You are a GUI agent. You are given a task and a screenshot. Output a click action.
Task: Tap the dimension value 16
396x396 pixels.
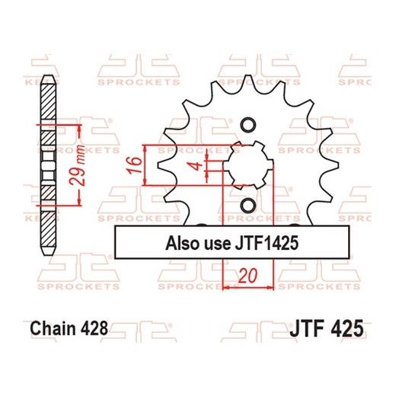(x=133, y=164)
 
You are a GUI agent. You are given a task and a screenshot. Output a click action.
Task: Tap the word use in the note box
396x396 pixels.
(x=218, y=245)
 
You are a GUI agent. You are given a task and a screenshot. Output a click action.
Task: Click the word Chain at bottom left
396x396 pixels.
(x=53, y=331)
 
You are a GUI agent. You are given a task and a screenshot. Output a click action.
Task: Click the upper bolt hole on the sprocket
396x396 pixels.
(x=247, y=123)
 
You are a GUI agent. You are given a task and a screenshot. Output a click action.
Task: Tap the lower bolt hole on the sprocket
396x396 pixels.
(x=247, y=205)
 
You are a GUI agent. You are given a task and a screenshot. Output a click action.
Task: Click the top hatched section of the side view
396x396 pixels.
(x=47, y=104)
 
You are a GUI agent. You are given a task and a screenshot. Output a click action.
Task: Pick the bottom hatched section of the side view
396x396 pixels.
(x=47, y=232)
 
